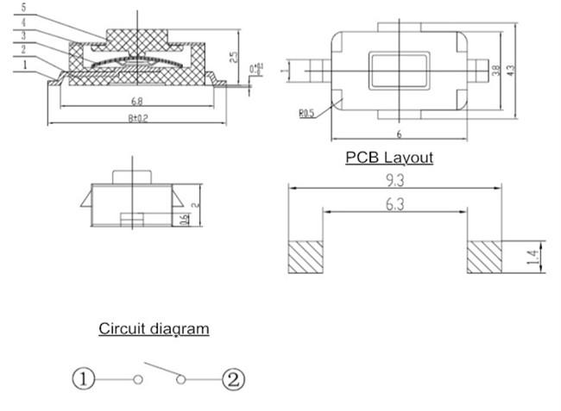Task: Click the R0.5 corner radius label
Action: pos(306,113)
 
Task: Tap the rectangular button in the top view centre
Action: pos(399,71)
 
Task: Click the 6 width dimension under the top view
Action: pos(399,134)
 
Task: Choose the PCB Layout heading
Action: pos(388,158)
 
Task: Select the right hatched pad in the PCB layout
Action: pos(484,257)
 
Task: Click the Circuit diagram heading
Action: pos(154,328)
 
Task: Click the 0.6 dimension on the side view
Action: pos(184,221)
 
